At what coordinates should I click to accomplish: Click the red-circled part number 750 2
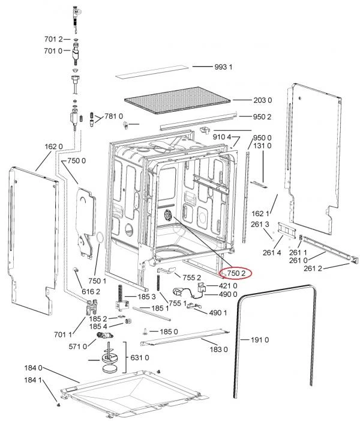click(x=236, y=273)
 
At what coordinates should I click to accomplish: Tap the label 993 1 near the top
click(x=223, y=67)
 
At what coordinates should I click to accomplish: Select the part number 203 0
click(x=263, y=100)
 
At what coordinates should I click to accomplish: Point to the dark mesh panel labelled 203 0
click(x=178, y=100)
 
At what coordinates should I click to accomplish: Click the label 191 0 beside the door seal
click(x=260, y=340)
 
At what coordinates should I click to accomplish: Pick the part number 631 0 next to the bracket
click(x=139, y=357)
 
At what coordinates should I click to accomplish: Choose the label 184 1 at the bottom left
click(x=33, y=380)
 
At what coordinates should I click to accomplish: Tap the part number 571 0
click(x=78, y=347)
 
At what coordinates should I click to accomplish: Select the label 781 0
click(x=113, y=117)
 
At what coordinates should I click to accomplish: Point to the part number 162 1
click(x=260, y=214)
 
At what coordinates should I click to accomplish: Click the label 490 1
click(x=218, y=312)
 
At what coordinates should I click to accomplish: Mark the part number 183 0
click(x=218, y=350)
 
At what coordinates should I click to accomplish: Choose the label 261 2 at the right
click(x=313, y=268)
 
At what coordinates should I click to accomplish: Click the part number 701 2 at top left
click(x=53, y=39)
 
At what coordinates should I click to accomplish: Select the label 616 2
click(x=91, y=291)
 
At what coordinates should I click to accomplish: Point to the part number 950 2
click(x=262, y=117)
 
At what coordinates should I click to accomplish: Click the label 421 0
click(x=228, y=286)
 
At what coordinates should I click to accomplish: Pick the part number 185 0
click(x=169, y=332)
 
